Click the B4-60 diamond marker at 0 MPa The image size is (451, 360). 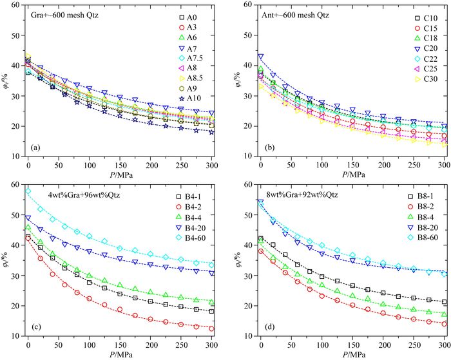pyautogui.click(x=28, y=191)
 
